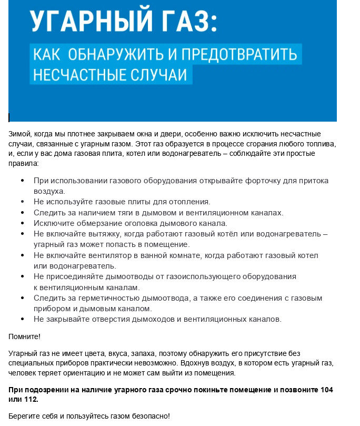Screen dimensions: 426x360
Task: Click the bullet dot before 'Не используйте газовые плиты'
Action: point(22,202)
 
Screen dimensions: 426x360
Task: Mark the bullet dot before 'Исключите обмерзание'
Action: point(22,223)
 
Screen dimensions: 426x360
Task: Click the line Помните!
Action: point(25,336)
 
